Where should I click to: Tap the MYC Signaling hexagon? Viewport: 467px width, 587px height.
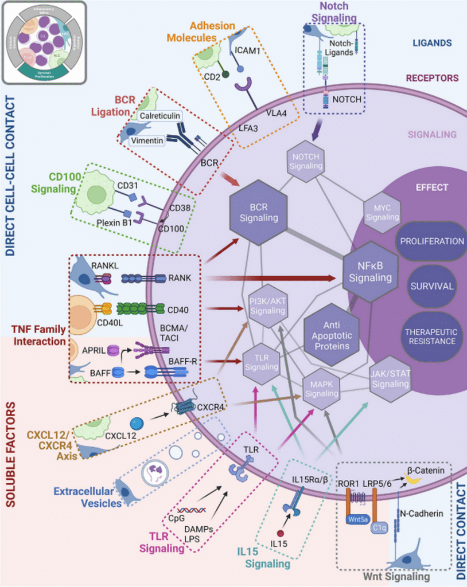coord(383,212)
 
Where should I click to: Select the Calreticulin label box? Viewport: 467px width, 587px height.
coord(159,116)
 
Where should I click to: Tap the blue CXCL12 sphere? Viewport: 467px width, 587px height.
coord(137,424)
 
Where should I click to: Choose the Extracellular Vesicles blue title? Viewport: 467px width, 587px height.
coord(88,498)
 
